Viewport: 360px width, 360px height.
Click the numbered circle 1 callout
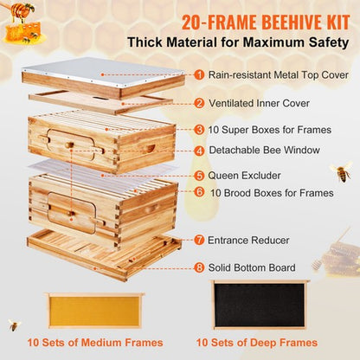click(x=198, y=74)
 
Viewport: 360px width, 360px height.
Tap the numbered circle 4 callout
click(x=200, y=150)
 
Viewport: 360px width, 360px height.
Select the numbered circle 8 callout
click(x=199, y=267)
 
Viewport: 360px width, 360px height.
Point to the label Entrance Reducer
click(x=251, y=239)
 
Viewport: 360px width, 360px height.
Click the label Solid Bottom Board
click(x=256, y=267)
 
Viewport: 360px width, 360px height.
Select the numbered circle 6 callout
click(x=199, y=192)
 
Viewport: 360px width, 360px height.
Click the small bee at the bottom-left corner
click(x=14, y=325)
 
